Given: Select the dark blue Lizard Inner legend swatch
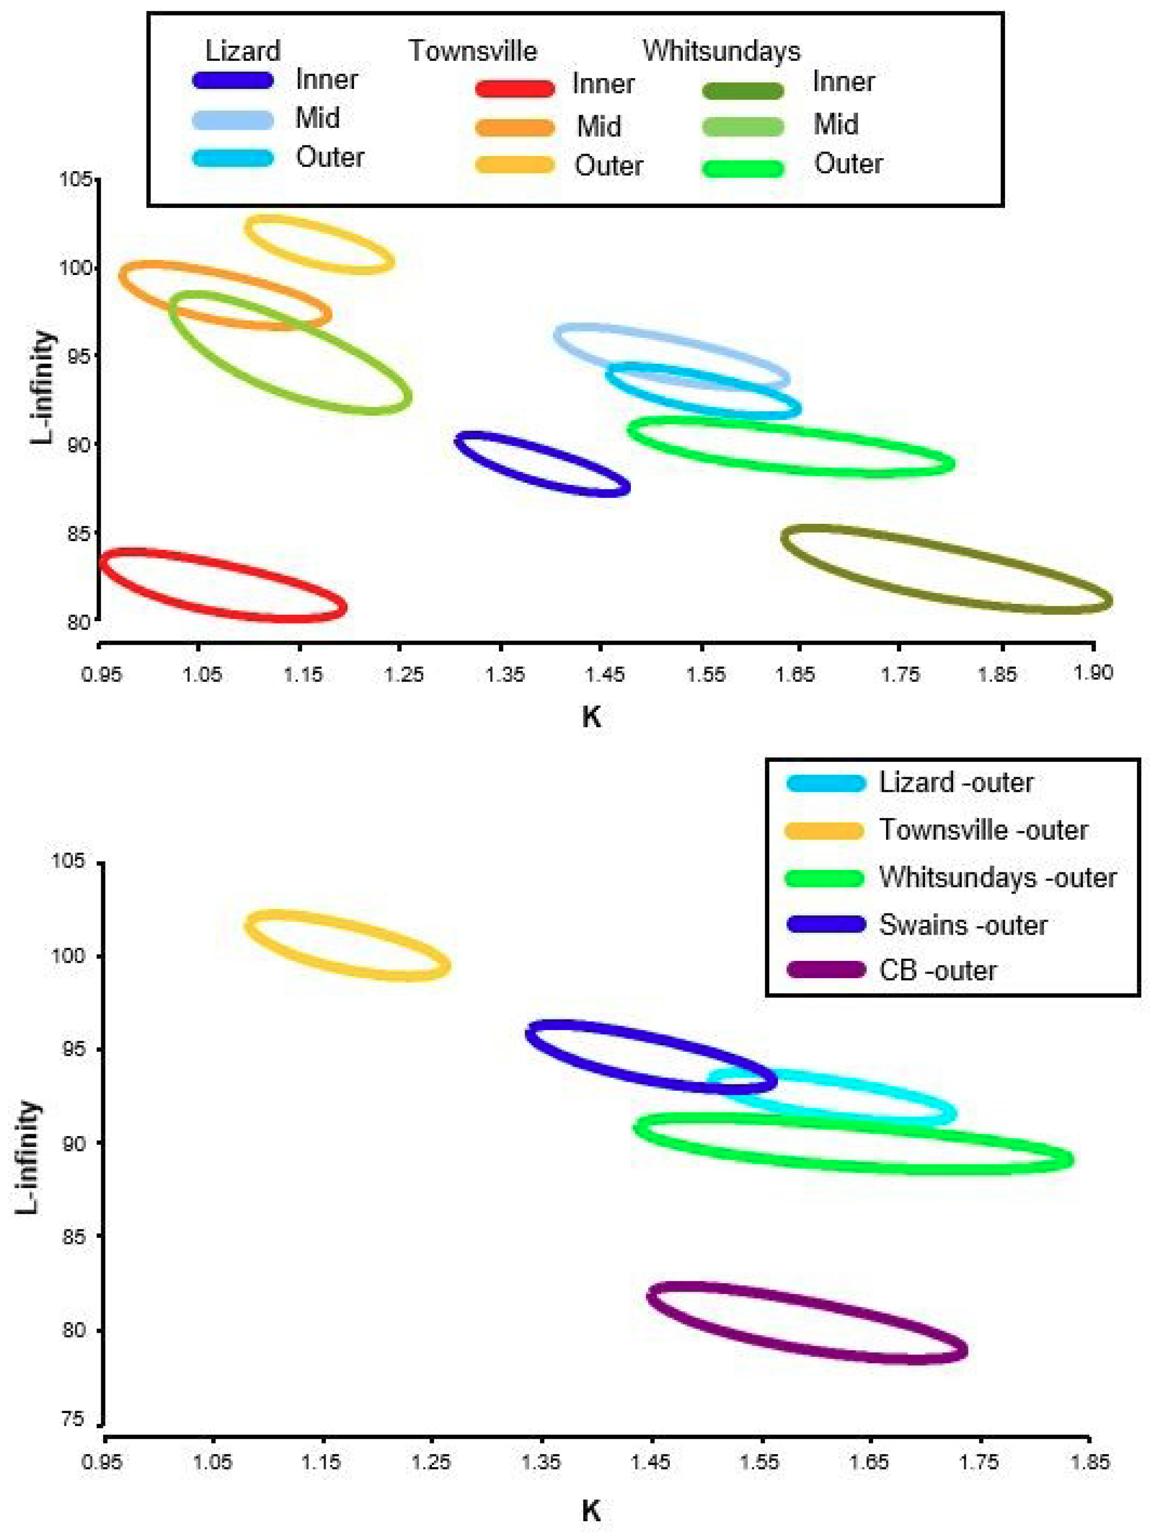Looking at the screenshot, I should click(x=232, y=79).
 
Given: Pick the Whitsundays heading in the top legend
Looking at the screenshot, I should click(x=721, y=51).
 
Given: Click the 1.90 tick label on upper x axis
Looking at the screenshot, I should click(x=1093, y=672).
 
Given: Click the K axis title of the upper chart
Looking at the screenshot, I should click(x=590, y=716).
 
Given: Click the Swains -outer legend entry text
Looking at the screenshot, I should click(x=963, y=925).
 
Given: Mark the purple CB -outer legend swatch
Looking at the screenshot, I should click(x=826, y=969).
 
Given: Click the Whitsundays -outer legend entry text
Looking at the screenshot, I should click(x=997, y=877).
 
